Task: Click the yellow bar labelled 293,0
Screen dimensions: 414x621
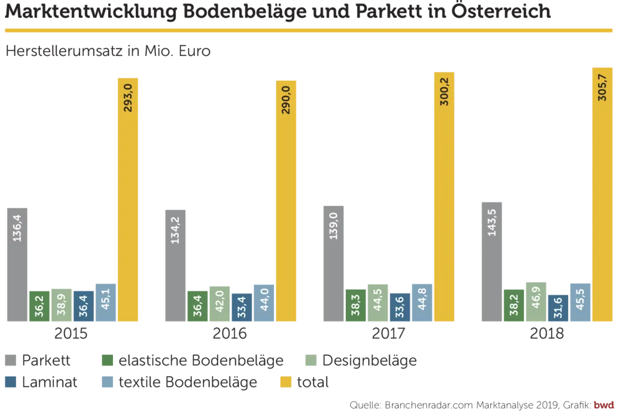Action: (x=127, y=199)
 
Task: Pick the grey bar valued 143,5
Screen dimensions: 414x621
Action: (x=491, y=260)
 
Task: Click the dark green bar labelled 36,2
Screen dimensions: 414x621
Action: (x=39, y=306)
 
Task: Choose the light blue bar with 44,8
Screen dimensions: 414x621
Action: (x=421, y=303)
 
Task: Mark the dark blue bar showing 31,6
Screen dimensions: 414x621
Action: (x=558, y=308)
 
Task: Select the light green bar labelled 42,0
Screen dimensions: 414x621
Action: (x=220, y=303)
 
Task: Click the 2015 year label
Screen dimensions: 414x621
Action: (x=71, y=334)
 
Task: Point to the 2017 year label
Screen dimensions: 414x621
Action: (x=389, y=334)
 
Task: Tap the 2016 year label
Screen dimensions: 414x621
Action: (x=230, y=334)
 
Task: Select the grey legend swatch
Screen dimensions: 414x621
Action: (x=9, y=361)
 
